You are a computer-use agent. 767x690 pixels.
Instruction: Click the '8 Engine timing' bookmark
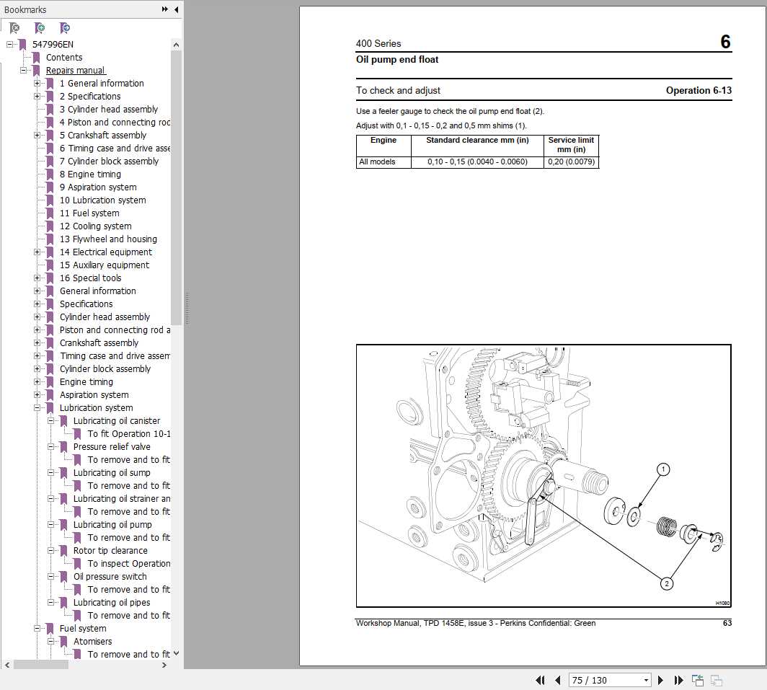click(x=90, y=174)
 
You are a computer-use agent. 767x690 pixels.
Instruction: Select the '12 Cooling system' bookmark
click(x=95, y=226)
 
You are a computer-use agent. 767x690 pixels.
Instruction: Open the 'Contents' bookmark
click(x=64, y=57)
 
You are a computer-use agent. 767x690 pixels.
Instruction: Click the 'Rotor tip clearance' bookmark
click(x=110, y=550)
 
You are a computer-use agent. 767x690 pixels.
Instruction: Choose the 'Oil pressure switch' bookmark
click(x=110, y=576)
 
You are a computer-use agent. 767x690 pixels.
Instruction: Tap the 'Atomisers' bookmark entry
click(x=92, y=641)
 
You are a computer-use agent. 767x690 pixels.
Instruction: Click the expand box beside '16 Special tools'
click(x=37, y=278)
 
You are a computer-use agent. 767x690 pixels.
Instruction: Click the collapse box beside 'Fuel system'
click(x=37, y=628)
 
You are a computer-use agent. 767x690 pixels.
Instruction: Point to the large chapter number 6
click(x=725, y=42)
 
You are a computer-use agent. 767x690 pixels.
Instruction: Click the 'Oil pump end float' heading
click(x=397, y=60)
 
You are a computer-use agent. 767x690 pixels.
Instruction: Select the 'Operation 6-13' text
click(x=699, y=90)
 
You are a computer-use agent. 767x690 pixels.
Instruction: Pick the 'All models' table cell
click(x=377, y=162)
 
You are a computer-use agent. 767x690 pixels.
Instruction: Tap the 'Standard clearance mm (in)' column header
click(x=477, y=141)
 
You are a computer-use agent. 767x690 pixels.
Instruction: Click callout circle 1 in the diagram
click(x=662, y=469)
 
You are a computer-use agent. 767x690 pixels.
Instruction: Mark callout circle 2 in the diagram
click(x=667, y=583)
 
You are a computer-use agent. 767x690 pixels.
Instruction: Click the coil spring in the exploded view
click(x=666, y=528)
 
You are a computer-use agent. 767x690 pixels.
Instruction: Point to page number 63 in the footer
click(x=727, y=623)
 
